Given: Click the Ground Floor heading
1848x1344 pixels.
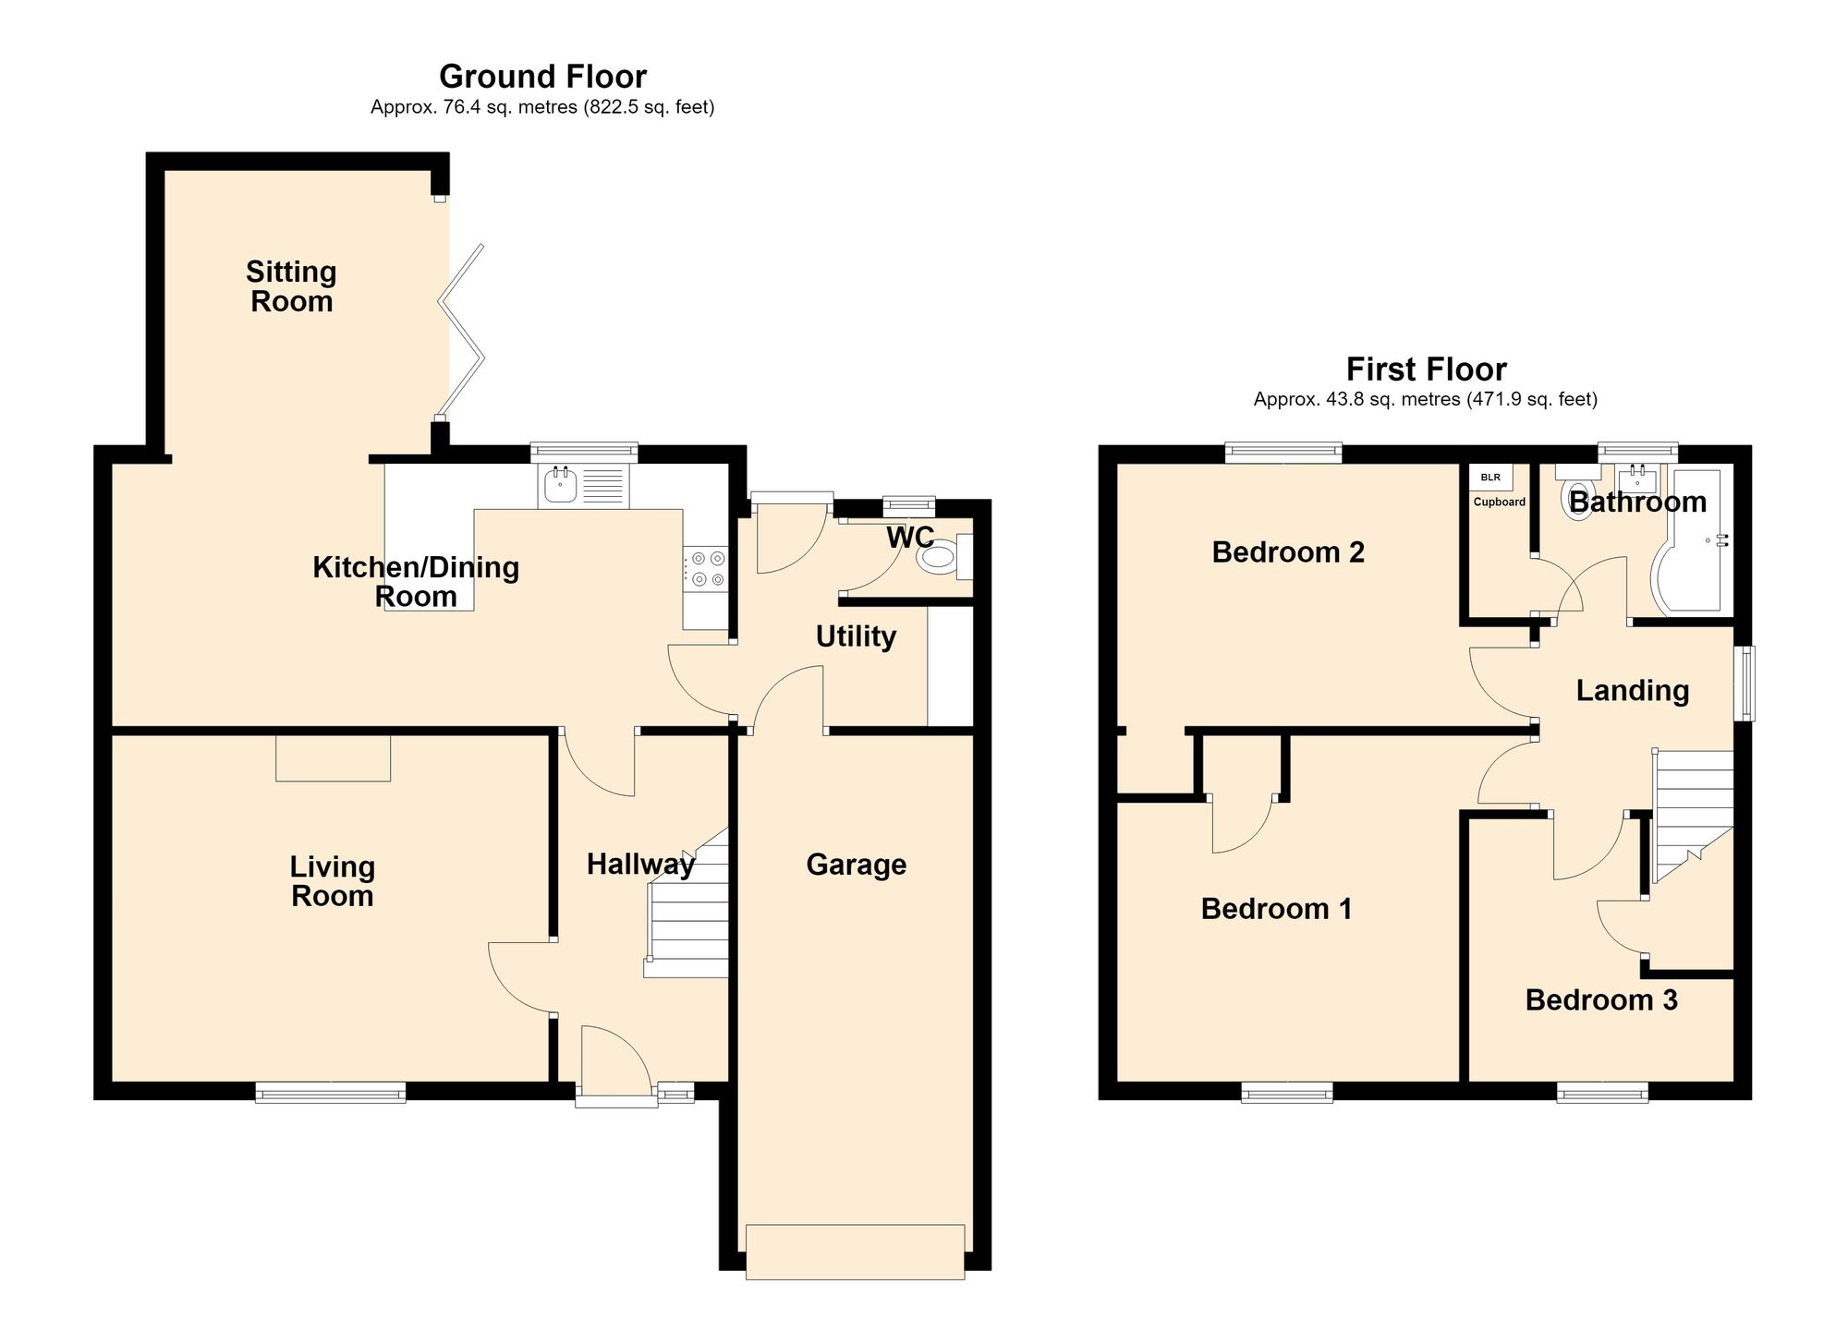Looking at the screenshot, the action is tap(542, 76).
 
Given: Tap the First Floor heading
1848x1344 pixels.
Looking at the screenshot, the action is tap(1426, 369).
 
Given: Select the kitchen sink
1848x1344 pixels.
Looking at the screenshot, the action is tap(583, 486).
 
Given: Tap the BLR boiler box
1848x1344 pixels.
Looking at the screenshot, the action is tap(1490, 478).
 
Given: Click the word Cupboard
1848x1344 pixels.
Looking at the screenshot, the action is tap(1499, 502).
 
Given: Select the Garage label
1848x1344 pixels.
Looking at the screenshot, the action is tap(856, 865).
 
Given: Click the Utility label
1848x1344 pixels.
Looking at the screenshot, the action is tap(856, 636).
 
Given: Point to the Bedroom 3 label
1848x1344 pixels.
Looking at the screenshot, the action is tap(1601, 1000).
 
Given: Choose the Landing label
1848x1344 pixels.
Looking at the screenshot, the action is tap(1633, 691).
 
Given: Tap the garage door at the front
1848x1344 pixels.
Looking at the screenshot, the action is tap(855, 1252).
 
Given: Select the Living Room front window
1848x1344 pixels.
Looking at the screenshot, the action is tap(331, 1093).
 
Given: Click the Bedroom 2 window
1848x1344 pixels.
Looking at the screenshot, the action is tap(1283, 453).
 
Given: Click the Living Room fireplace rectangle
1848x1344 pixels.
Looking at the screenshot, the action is tap(334, 758).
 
